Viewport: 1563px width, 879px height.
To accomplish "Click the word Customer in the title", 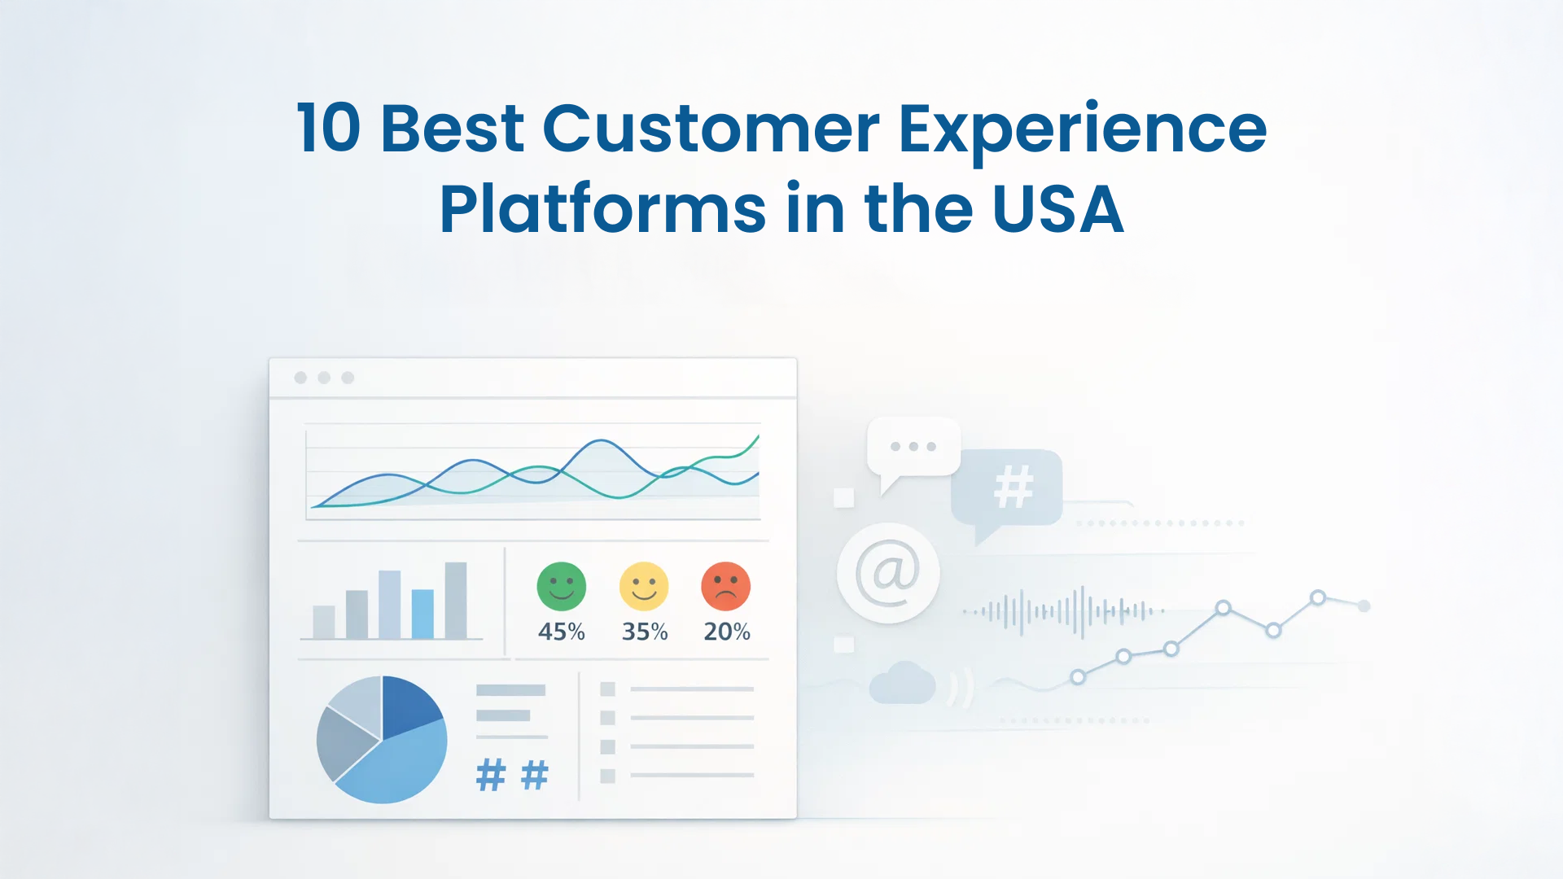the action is (x=711, y=129).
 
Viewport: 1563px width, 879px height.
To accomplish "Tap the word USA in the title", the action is (x=1058, y=209).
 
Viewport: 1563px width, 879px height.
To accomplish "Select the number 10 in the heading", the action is (x=328, y=129).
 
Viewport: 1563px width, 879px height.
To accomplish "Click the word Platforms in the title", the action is (x=602, y=209).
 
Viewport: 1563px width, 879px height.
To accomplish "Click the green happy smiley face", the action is (x=562, y=586).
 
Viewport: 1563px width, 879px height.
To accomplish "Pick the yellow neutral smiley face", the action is (x=644, y=586).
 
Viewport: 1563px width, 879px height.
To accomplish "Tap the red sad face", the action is (x=726, y=586).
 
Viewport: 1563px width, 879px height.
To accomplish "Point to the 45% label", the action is (x=562, y=632).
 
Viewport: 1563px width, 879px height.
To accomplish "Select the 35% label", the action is (x=645, y=632).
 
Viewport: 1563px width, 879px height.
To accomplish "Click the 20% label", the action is (x=727, y=632).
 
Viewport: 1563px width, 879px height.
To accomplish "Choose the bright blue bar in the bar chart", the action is (x=422, y=614).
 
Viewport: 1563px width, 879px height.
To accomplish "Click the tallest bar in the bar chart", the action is (x=456, y=601).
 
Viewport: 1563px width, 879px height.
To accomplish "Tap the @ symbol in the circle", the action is (x=888, y=572).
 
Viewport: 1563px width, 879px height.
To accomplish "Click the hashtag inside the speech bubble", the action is (x=1014, y=487).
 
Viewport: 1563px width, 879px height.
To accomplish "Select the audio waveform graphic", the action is (x=1063, y=610).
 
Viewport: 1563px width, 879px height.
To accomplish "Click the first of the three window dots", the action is (x=300, y=378).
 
